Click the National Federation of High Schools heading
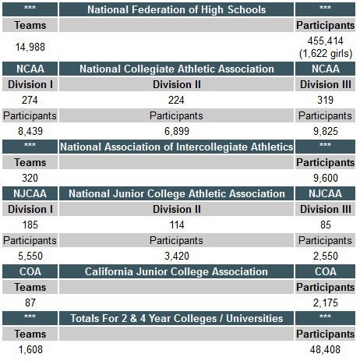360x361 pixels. click(x=176, y=10)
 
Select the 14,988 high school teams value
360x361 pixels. click(x=30, y=47)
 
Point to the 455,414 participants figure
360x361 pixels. click(x=325, y=41)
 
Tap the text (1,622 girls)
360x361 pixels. click(x=326, y=54)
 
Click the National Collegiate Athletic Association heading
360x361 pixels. click(x=177, y=69)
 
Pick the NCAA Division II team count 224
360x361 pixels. click(x=176, y=100)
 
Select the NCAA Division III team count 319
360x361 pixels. click(x=325, y=100)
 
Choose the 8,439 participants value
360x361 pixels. click(x=30, y=131)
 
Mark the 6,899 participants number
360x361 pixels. click(x=177, y=131)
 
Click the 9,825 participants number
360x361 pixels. click(x=326, y=131)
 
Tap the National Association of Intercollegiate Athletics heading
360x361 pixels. click(x=176, y=147)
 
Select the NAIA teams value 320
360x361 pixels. click(x=30, y=178)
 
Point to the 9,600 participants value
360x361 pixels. click(x=326, y=178)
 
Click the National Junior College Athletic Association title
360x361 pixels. click(x=177, y=193)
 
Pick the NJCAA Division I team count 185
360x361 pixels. click(x=30, y=225)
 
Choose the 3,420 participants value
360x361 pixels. click(x=177, y=256)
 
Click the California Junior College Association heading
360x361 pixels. click(x=176, y=271)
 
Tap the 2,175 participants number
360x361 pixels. click(x=326, y=303)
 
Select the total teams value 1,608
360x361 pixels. click(x=30, y=349)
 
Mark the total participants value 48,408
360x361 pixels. click(x=325, y=349)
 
